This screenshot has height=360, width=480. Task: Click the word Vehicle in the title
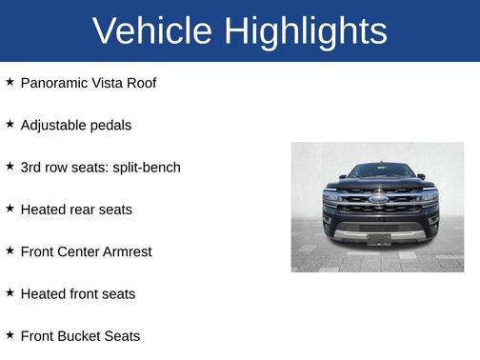pos(152,30)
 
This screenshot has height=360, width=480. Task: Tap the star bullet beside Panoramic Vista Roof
pos(10,83)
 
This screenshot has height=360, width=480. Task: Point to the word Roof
pos(139,83)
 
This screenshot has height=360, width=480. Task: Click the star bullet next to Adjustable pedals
pos(10,125)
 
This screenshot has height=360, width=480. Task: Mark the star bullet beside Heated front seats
pos(10,293)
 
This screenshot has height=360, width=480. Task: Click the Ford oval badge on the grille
pos(378,201)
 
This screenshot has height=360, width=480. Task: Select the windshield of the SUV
pos(379,171)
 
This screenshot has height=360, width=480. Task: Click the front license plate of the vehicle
pos(379,238)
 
